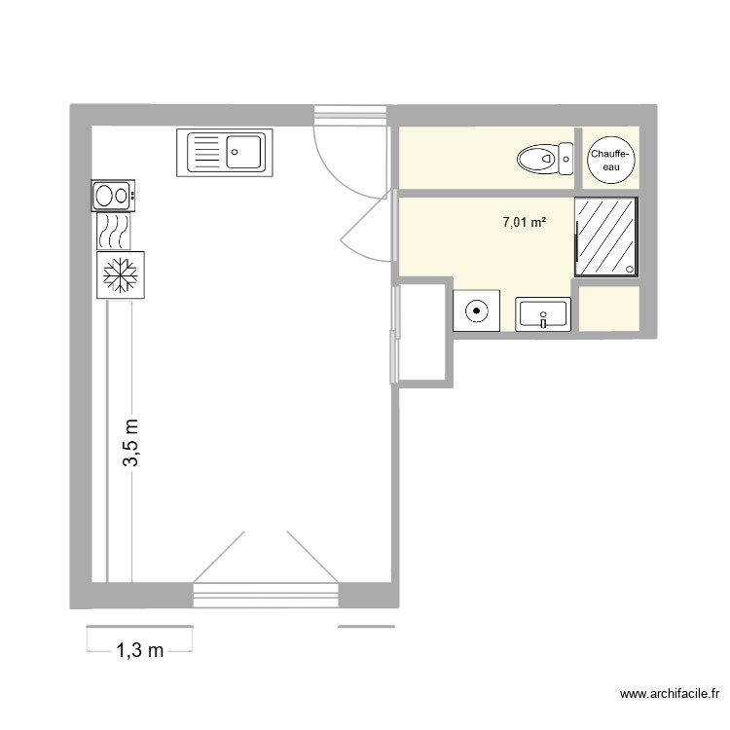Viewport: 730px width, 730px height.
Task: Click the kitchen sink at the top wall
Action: pos(226,153)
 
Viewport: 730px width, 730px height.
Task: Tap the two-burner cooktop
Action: pos(113,196)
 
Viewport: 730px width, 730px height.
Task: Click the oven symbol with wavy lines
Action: pos(113,231)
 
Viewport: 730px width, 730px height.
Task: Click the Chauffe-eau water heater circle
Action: pos(611,159)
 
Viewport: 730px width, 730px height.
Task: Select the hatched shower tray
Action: pos(607,236)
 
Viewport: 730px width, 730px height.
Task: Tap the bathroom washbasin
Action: pos(543,314)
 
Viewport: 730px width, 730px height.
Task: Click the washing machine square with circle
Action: pos(477,311)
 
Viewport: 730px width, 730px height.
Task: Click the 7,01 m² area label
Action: pos(524,223)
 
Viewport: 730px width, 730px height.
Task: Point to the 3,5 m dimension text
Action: pos(131,444)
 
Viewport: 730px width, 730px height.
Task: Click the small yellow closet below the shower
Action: pos(609,309)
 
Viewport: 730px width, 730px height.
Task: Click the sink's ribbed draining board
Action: pos(205,153)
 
